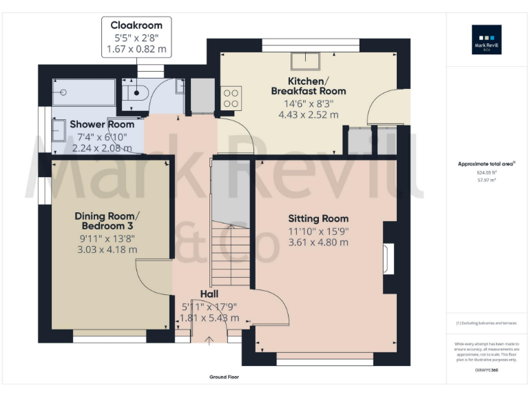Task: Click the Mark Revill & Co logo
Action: (x=486, y=39)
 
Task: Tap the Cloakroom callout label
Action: (x=136, y=25)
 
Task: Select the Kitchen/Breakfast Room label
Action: (x=308, y=85)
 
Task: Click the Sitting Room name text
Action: (x=318, y=218)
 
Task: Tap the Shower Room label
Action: (x=102, y=124)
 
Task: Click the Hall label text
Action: (x=209, y=294)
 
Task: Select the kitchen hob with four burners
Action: (x=230, y=97)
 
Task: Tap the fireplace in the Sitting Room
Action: (x=388, y=258)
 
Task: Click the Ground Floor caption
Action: (x=224, y=377)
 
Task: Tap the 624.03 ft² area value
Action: (x=486, y=172)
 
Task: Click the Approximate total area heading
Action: (x=485, y=163)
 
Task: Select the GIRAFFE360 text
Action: (x=486, y=371)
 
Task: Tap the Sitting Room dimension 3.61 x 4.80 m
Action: (x=318, y=242)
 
